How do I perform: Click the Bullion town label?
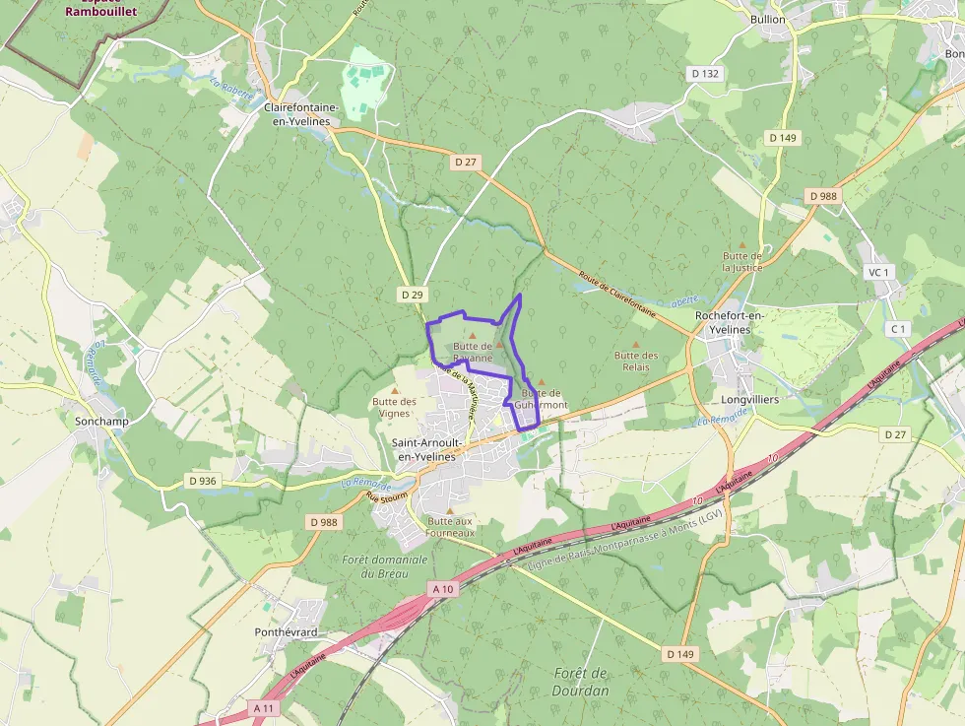[768, 19]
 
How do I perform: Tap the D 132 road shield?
[705, 73]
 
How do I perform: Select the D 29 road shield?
[412, 295]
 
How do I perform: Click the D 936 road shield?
[201, 481]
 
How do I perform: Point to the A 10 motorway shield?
[443, 588]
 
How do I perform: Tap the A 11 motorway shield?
[263, 707]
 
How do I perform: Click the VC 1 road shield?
[877, 272]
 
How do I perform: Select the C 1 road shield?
[896, 328]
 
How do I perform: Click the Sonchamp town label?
[101, 421]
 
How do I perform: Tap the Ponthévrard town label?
[286, 631]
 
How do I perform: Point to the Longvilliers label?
[749, 400]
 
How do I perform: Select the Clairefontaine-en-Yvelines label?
[301, 113]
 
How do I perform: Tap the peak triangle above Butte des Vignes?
[395, 390]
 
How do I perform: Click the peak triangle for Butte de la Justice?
[742, 245]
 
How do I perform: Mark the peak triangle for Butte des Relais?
[635, 345]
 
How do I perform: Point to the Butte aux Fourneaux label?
[451, 527]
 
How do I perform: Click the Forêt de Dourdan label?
[581, 682]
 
